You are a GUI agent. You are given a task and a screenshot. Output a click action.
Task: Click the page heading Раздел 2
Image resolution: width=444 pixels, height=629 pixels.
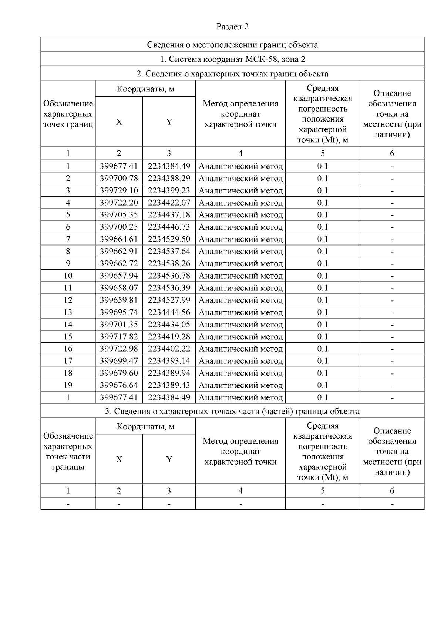pyautogui.click(x=232, y=27)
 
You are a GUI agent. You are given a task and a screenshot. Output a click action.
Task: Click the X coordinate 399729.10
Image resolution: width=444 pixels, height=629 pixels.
pyautogui.click(x=119, y=190)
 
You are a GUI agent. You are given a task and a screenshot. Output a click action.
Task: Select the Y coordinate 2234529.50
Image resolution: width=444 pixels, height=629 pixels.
pyautogui.click(x=169, y=239)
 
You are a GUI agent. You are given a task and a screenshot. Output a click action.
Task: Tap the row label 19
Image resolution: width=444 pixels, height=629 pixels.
pyautogui.click(x=68, y=385)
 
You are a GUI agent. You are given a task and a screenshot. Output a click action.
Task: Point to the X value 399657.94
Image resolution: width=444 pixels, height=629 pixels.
pyautogui.click(x=119, y=276)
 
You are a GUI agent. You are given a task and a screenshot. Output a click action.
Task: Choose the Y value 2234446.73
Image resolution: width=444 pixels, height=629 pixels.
pyautogui.click(x=169, y=227)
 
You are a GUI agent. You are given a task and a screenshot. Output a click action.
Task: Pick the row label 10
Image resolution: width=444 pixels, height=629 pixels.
pyautogui.click(x=68, y=276)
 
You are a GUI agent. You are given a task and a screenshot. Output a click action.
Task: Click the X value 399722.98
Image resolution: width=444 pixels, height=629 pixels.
pyautogui.click(x=119, y=349)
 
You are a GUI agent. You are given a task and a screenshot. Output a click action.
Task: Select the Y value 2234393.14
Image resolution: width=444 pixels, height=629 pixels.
pyautogui.click(x=169, y=361)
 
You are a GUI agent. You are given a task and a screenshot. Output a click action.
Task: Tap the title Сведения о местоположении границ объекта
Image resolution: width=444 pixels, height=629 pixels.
pyautogui.click(x=232, y=45)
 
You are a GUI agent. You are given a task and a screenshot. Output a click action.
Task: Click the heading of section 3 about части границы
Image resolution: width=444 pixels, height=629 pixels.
pyautogui.click(x=232, y=411)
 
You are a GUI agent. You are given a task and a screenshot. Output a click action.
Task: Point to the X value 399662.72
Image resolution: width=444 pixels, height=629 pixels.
pyautogui.click(x=119, y=263)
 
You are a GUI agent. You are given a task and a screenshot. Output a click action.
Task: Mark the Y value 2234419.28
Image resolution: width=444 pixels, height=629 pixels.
pyautogui.click(x=169, y=337)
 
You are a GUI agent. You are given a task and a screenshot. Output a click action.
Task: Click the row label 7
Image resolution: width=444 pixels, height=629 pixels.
pyautogui.click(x=68, y=239)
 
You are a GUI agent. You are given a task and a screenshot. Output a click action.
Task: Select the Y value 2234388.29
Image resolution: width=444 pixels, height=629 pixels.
pyautogui.click(x=169, y=179)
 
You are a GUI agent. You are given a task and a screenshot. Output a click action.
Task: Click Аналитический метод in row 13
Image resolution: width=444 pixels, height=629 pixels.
pyautogui.click(x=240, y=312)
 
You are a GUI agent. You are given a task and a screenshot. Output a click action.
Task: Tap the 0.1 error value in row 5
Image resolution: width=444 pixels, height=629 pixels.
pyautogui.click(x=323, y=215)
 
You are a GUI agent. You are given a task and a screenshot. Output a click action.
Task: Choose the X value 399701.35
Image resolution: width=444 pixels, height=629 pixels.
pyautogui.click(x=119, y=325)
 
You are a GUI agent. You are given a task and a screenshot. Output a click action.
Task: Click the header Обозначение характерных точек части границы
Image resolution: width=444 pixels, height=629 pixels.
pyautogui.click(x=68, y=451)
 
